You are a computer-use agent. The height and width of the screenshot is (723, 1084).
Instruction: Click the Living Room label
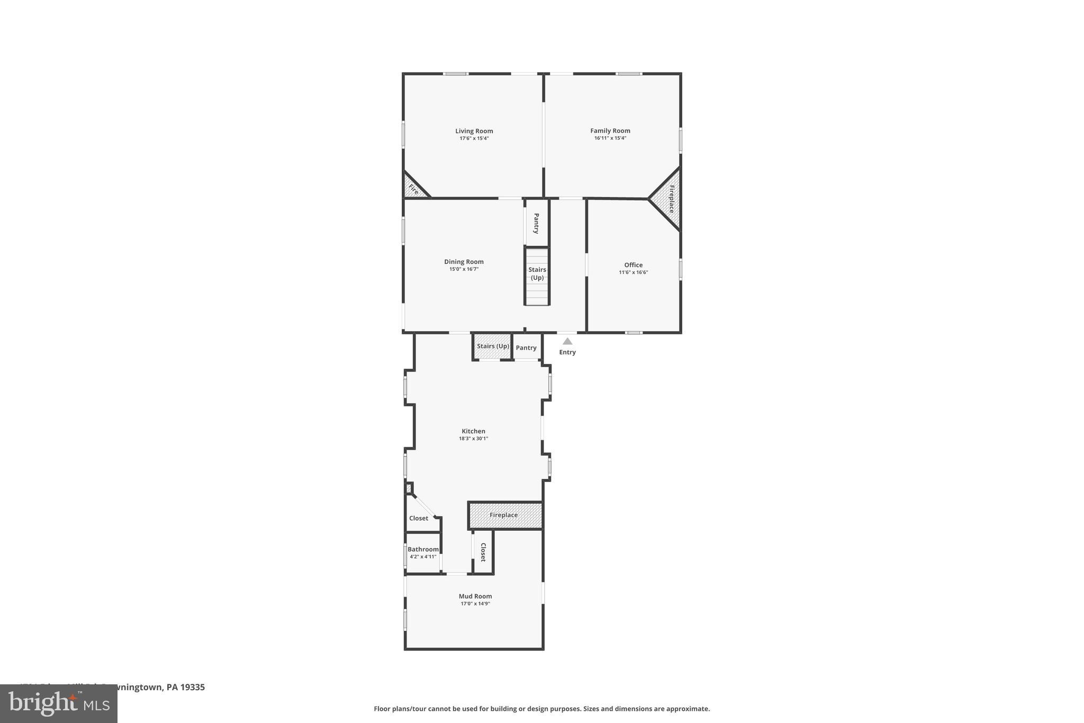pyautogui.click(x=474, y=131)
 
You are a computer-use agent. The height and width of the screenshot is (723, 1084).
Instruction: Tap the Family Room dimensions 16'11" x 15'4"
pyautogui.click(x=610, y=138)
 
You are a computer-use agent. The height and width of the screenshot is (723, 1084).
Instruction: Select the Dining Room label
pyautogui.click(x=464, y=262)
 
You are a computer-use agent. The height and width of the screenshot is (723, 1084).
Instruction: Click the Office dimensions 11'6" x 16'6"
pyautogui.click(x=633, y=272)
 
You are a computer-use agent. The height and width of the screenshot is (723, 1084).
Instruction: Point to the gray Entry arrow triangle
pyautogui.click(x=567, y=342)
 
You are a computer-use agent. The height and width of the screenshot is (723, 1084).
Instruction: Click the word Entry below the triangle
pyautogui.click(x=567, y=352)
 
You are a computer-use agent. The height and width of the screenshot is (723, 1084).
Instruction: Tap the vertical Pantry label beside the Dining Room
pyautogui.click(x=536, y=224)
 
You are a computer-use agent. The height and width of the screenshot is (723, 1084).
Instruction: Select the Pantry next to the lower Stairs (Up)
pyautogui.click(x=526, y=348)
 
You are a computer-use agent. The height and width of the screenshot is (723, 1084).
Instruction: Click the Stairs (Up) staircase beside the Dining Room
pyautogui.click(x=537, y=275)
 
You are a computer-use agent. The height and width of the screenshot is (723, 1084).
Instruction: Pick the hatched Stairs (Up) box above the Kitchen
pyautogui.click(x=493, y=346)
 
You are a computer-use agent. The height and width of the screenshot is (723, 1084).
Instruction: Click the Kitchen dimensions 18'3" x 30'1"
pyautogui.click(x=473, y=439)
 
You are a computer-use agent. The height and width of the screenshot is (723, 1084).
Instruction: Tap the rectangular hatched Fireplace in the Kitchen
pyautogui.click(x=504, y=515)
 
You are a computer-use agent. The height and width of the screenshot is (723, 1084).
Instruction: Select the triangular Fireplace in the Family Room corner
pyautogui.click(x=669, y=199)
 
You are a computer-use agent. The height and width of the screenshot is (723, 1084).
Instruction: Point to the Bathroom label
pyautogui.click(x=423, y=549)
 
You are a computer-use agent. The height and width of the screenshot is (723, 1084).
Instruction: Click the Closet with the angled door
pyautogui.click(x=420, y=517)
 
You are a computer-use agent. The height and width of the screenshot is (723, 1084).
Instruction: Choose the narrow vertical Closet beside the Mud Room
pyautogui.click(x=483, y=552)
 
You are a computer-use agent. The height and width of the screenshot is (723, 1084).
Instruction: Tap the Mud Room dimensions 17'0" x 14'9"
pyautogui.click(x=475, y=604)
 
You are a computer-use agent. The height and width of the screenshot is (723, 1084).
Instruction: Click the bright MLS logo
pyautogui.click(x=59, y=703)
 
